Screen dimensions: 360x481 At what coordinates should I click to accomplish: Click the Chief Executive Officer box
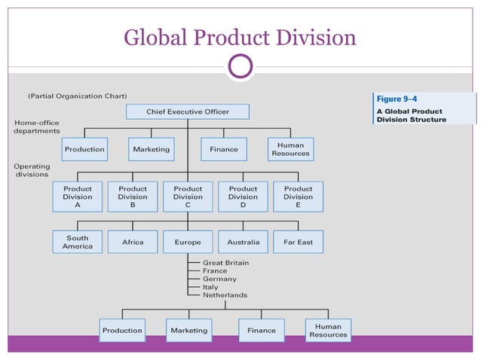[187, 111]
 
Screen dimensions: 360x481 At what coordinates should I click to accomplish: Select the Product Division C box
[188, 196]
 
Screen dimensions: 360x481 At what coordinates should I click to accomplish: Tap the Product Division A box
[78, 196]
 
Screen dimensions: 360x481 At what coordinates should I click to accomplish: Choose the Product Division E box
[298, 196]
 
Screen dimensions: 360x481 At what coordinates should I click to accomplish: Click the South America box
[78, 242]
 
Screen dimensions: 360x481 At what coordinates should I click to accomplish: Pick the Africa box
[133, 242]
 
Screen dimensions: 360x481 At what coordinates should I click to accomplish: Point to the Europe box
[188, 242]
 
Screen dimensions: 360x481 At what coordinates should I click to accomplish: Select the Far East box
[298, 242]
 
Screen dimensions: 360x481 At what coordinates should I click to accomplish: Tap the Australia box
[243, 242]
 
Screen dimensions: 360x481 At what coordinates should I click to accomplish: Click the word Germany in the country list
[219, 279]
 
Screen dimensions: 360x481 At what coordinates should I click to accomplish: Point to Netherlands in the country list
[225, 295]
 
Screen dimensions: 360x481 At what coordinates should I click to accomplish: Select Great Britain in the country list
[225, 263]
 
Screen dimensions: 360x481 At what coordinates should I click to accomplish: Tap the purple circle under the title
[240, 67]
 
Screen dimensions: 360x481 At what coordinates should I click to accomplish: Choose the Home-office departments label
[36, 127]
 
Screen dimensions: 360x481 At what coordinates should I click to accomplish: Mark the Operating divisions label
[32, 169]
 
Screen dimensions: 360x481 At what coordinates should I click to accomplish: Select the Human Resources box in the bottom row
[328, 330]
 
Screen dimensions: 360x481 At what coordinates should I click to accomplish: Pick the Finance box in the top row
[224, 149]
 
